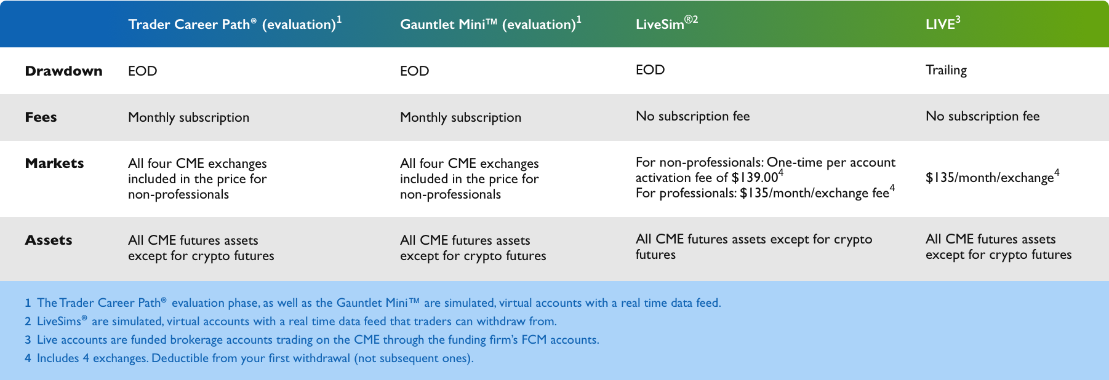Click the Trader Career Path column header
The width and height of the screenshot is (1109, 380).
[234, 23]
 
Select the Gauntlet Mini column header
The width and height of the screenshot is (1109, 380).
[490, 23]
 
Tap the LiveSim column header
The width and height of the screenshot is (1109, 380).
[667, 23]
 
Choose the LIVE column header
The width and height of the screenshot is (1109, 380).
[943, 23]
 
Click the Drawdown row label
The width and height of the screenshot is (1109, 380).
[63, 71]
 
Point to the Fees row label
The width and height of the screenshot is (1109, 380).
[41, 117]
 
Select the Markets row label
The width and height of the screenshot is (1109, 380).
[54, 163]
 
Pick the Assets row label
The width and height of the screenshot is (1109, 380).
[49, 240]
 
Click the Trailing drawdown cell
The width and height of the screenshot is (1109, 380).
[946, 70]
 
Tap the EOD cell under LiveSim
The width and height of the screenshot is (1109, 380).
[650, 69]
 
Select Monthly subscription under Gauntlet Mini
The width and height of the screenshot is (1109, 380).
[460, 117]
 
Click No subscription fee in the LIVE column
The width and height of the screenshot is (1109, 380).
[982, 116]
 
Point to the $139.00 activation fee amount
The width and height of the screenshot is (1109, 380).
[755, 178]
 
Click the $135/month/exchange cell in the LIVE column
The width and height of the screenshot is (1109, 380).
[992, 177]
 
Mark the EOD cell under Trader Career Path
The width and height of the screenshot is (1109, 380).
[142, 71]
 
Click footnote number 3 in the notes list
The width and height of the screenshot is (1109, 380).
[28, 340]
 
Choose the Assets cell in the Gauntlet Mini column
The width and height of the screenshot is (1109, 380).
[473, 248]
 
